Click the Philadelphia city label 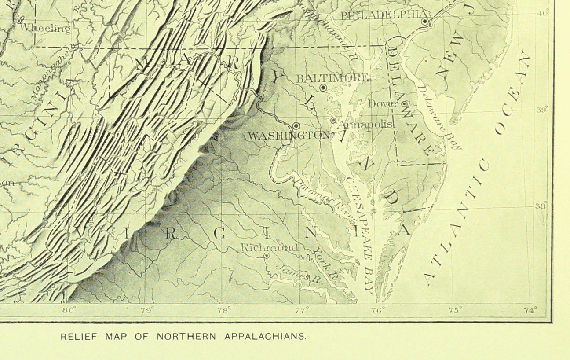(x=380, y=15)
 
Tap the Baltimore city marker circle (x=323, y=88)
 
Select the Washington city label (x=289, y=136)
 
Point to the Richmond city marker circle (x=266, y=255)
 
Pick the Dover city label (x=383, y=104)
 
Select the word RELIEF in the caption (x=76, y=337)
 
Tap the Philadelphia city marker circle (x=425, y=21)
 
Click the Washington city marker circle (x=296, y=125)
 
